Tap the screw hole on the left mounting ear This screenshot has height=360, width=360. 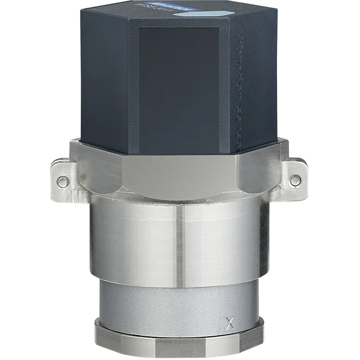(62, 182)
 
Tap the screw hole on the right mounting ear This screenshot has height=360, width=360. (295, 181)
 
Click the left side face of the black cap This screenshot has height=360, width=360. (103, 77)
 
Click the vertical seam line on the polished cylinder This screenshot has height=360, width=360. (179, 244)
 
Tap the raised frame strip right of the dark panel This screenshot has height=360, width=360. (225, 87)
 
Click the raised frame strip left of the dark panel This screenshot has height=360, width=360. (134, 87)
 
